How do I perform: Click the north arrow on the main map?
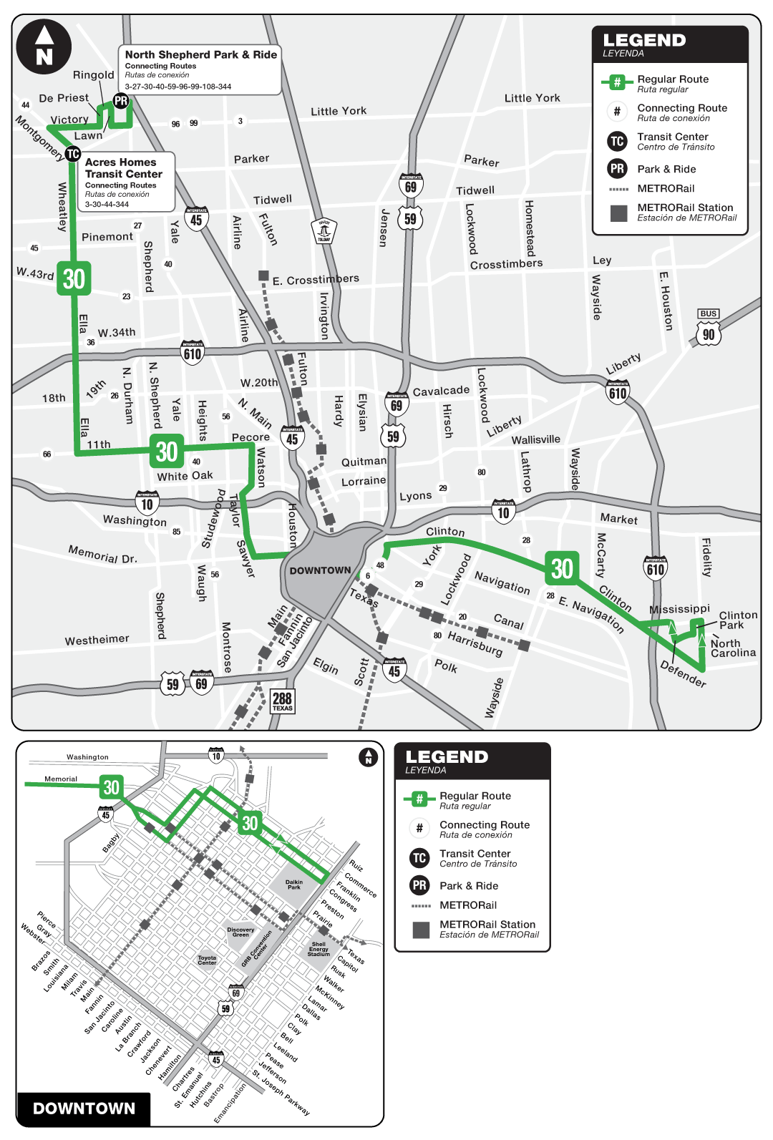point(44,47)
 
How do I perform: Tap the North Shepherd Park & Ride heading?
point(200,54)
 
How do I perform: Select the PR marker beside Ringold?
point(121,101)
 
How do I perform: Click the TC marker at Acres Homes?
point(72,154)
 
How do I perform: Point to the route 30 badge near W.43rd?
point(74,278)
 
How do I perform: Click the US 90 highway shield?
point(708,333)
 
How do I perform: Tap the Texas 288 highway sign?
point(283,701)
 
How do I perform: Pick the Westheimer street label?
point(97,639)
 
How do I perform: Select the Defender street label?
point(683,674)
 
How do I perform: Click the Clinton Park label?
point(737,620)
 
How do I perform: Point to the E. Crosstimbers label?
point(316,279)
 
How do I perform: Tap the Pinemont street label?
point(107,237)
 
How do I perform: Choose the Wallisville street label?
point(535,439)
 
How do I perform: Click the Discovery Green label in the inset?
point(240,932)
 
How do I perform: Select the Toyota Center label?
point(207,960)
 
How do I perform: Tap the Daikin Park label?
point(294,885)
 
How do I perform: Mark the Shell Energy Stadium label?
point(319,949)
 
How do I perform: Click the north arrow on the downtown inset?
point(368,757)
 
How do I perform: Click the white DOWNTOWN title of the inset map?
point(84,1109)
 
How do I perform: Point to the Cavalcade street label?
point(441,391)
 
